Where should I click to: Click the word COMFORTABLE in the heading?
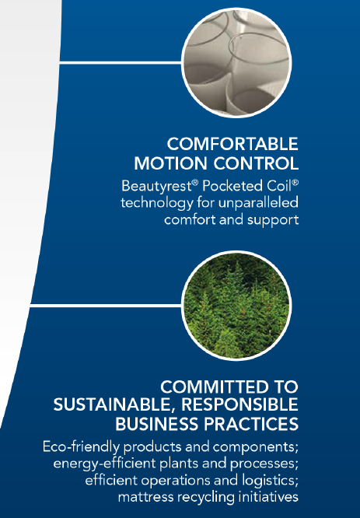tap(232, 144)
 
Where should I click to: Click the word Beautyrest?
tap(156, 186)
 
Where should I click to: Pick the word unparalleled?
tap(259, 202)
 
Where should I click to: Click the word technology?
tap(156, 203)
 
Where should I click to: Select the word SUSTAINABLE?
tap(114, 405)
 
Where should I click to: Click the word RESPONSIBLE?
tap(239, 404)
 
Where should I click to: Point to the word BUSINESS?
tap(156, 424)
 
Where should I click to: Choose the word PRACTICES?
tap(251, 424)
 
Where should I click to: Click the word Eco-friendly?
tap(81, 447)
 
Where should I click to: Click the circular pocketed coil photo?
tap(236, 63)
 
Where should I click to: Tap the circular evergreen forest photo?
tap(236, 306)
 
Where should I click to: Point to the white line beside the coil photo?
tap(121, 62)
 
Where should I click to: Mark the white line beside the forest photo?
tap(106, 306)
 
